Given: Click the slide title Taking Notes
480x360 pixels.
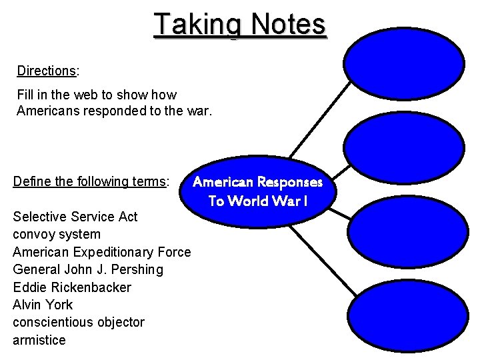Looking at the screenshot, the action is coord(240,25).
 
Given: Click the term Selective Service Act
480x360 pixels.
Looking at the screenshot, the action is coord(75,217).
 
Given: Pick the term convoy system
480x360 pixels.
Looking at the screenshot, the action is coord(57,234).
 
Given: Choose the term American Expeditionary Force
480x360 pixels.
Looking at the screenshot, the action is coord(102,252).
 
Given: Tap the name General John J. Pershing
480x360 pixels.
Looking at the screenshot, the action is coord(87,269).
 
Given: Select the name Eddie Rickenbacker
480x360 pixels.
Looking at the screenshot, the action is coord(72,287).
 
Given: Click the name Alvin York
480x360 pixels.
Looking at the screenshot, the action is coord(43,305).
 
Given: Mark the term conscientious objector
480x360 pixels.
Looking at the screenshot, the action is coord(79,322).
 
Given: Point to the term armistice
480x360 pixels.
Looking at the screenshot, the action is coord(39,340).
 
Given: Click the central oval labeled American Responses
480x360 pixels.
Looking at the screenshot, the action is coord(257,191).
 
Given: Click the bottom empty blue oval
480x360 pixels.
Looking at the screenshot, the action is coord(404,313).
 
